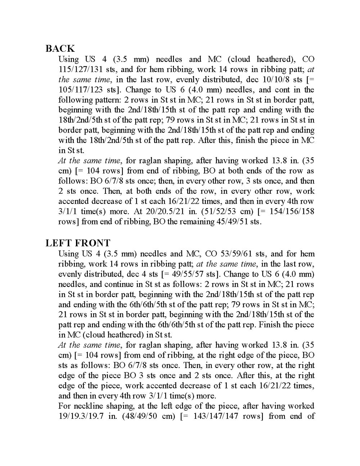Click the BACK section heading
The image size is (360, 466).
tap(60, 48)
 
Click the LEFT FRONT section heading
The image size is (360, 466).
tap(78, 243)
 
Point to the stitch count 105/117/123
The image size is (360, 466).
tap(81, 90)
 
